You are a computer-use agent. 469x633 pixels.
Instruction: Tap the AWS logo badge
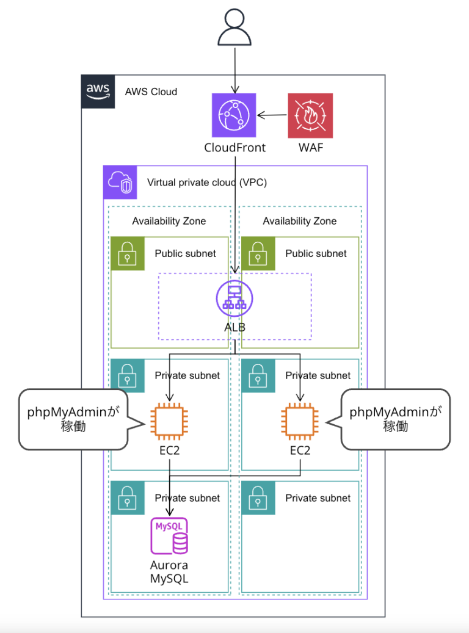point(98,92)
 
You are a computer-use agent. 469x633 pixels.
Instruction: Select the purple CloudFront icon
point(235,115)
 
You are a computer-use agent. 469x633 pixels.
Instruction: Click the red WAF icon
point(311,115)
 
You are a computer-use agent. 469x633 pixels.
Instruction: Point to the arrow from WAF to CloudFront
point(272,115)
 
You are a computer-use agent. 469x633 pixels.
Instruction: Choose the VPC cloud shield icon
point(120,182)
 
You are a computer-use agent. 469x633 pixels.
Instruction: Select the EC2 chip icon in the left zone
point(169,421)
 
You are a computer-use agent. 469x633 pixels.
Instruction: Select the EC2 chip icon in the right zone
point(300,421)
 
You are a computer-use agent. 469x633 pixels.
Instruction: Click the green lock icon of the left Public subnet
point(127,253)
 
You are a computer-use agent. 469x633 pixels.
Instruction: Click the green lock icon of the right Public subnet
point(258,253)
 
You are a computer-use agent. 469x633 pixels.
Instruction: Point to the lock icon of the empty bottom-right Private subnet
point(258,498)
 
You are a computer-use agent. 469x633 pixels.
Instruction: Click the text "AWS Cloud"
point(151,92)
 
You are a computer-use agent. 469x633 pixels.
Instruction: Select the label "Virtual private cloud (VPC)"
point(207,182)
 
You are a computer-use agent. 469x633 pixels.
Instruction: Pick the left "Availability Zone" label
point(169,221)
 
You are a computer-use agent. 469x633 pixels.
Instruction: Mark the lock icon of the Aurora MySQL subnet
point(127,498)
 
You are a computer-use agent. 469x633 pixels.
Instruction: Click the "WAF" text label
point(310,148)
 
